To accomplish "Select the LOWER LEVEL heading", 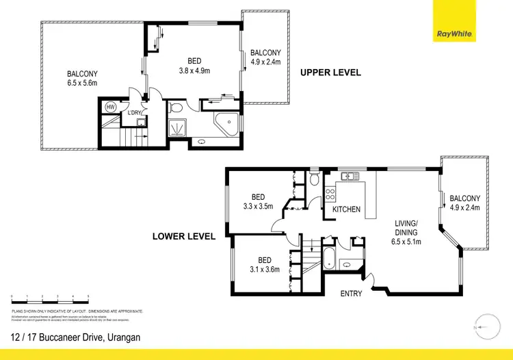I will (184, 237).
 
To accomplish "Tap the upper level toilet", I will (177, 107).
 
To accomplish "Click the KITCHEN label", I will (346, 209).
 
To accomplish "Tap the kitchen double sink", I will (350, 177).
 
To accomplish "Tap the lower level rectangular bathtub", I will (328, 261).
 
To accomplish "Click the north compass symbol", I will (484, 328).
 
